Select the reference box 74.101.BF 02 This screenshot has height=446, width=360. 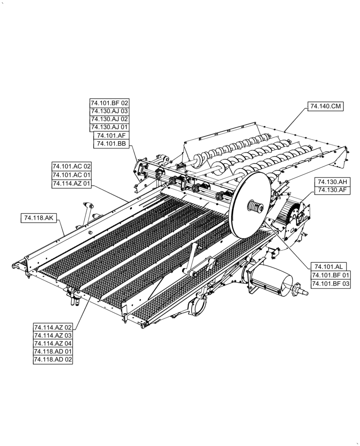109,103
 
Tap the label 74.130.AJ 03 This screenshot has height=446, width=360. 109,111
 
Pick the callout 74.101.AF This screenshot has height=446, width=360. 109,136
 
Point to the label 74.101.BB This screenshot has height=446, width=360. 109,144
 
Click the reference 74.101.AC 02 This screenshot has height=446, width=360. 71,167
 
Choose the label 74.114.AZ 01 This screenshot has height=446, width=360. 71,183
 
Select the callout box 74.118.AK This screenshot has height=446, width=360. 37,218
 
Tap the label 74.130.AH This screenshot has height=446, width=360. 332,182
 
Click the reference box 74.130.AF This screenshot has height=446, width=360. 332,190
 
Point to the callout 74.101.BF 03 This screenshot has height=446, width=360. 330,283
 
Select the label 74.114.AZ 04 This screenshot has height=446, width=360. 53,343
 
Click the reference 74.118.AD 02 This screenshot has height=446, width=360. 53,359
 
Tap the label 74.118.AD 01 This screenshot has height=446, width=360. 53,351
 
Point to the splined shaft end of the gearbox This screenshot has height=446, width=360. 303,292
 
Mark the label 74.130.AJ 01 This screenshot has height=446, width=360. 109,127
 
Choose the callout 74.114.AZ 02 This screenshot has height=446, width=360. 53,327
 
